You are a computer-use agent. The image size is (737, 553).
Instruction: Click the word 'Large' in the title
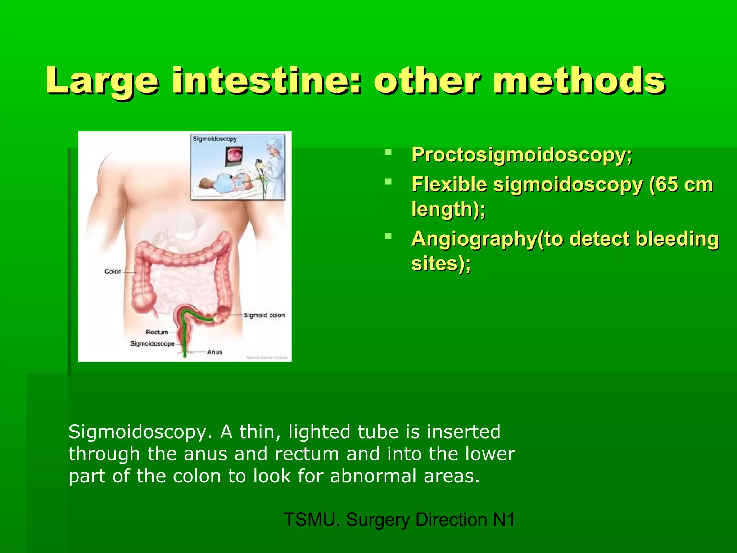click(102, 81)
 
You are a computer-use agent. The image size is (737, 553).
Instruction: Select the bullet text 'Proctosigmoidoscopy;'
click(521, 155)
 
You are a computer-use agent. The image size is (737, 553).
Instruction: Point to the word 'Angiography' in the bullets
click(474, 239)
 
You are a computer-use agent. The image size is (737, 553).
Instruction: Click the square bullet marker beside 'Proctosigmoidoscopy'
click(388, 152)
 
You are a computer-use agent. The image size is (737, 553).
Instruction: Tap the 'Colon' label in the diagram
click(113, 271)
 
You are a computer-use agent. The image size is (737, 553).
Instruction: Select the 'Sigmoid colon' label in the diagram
click(264, 315)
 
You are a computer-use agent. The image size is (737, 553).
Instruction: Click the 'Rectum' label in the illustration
click(157, 332)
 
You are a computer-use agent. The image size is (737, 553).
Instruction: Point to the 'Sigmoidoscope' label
click(152, 344)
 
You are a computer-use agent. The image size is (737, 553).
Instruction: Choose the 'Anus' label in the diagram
click(214, 352)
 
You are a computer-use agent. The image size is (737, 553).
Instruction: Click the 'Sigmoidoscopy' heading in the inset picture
click(215, 139)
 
